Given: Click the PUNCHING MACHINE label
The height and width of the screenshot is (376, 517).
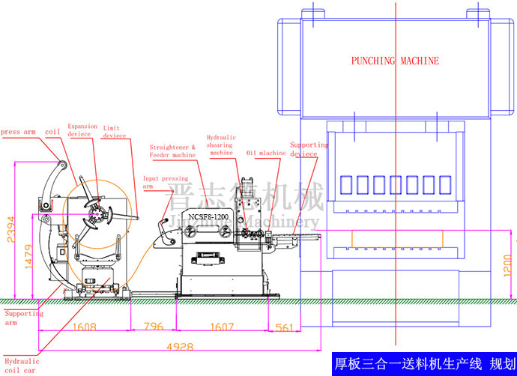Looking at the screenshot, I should pyautogui.click(x=396, y=61).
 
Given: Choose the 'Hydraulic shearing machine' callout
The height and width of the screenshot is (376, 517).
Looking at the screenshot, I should pyautogui.click(x=221, y=145).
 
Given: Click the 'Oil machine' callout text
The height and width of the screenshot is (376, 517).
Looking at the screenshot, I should pyautogui.click(x=266, y=153).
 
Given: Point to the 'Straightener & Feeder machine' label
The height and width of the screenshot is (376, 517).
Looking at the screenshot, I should pyautogui.click(x=172, y=151).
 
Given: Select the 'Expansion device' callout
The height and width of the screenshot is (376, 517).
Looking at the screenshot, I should pyautogui.click(x=82, y=130).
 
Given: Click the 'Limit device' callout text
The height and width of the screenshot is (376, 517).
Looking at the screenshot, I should pyautogui.click(x=115, y=132).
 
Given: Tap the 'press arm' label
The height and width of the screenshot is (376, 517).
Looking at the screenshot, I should pyautogui.click(x=18, y=132).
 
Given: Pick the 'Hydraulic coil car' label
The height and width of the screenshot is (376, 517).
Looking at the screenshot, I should pyautogui.click(x=20, y=366).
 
